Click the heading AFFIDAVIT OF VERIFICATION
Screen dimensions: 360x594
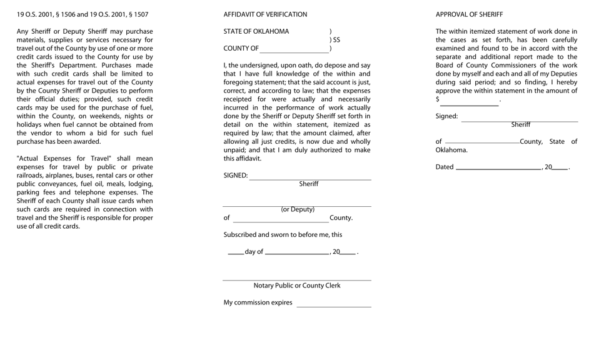coord(265,14)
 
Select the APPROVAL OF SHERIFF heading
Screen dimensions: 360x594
coord(469,14)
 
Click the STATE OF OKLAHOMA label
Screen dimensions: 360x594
coord(256,32)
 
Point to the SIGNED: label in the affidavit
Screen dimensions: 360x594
coord(236,176)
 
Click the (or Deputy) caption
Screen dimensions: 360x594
coord(298,209)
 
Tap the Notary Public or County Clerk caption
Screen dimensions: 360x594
coord(297,286)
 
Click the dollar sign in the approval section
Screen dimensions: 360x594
coord(438,99)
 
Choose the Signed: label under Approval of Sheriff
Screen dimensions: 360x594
coord(446,116)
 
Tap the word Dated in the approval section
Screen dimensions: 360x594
coord(445,167)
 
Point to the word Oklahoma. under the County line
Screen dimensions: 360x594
coord(451,150)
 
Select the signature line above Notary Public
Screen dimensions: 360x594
coord(297,280)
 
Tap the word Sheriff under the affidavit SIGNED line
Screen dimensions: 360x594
coord(309,184)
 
